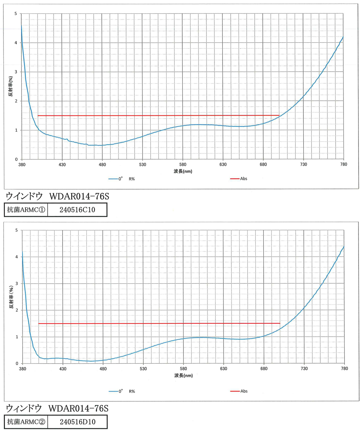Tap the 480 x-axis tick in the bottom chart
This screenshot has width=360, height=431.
[103, 368]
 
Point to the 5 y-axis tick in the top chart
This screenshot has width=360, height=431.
[16, 13]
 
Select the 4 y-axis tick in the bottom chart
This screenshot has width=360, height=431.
[17, 257]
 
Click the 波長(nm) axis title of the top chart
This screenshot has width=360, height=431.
[183, 171]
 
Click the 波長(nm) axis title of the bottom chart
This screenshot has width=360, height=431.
[184, 375]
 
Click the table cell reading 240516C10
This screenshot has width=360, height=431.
[78, 210]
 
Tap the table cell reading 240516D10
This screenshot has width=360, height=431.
[78, 422]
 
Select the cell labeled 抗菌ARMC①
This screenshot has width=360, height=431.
[26, 210]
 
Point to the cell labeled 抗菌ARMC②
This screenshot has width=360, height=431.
[26, 422]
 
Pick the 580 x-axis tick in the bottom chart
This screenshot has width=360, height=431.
[183, 368]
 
